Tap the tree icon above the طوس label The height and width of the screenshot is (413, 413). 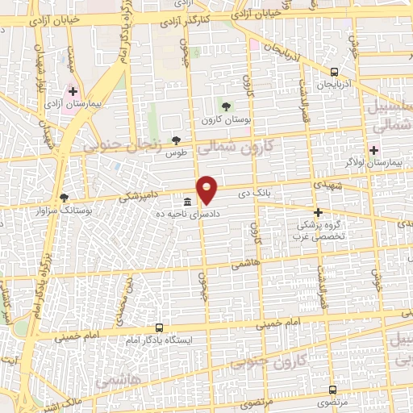click(176, 140)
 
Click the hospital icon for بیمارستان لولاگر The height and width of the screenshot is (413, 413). click(373, 148)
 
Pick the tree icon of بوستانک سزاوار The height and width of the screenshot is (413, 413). click(65, 198)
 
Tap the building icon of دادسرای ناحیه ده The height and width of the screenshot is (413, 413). click(187, 202)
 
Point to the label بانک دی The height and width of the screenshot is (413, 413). click(251, 194)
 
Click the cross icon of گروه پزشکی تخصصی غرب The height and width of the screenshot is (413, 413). click(318, 213)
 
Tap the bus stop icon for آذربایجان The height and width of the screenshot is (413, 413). click(334, 73)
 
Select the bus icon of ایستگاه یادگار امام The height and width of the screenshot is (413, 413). click(158, 328)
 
